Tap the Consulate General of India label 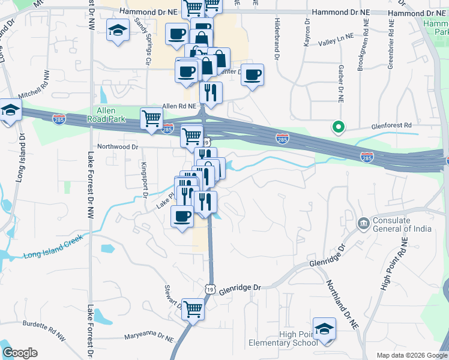point(401,224)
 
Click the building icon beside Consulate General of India point(363,224)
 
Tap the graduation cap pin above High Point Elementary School point(324,329)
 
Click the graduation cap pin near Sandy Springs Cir point(118,30)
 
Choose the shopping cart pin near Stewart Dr point(193,310)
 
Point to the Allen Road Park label point(110,115)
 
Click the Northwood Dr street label point(118,146)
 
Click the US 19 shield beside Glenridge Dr point(208,289)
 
